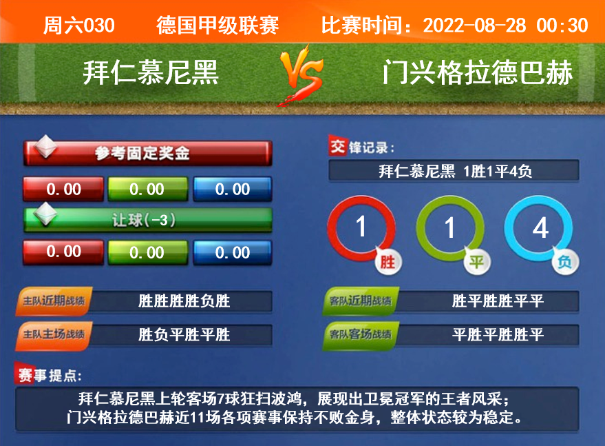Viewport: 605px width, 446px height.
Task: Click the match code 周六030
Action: click(x=78, y=26)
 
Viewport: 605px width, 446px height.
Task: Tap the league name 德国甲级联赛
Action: click(x=217, y=26)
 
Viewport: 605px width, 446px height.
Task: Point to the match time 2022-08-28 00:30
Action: click(x=505, y=26)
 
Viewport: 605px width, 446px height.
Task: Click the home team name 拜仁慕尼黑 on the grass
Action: click(x=151, y=72)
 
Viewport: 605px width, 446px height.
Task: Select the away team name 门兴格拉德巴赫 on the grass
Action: click(x=477, y=72)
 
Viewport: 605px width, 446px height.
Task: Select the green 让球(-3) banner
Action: click(x=148, y=220)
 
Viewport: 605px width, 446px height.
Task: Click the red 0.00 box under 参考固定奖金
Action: click(x=63, y=189)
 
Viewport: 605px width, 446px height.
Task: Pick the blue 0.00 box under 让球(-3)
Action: click(x=233, y=252)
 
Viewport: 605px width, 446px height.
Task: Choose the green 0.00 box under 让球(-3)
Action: click(x=148, y=252)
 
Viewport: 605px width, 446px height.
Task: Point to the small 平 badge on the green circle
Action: click(x=477, y=262)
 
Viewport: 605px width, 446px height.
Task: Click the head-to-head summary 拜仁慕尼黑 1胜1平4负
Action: click(x=455, y=171)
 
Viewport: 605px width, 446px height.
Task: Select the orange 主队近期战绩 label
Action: click(x=54, y=301)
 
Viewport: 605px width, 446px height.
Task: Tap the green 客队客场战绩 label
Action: click(x=361, y=335)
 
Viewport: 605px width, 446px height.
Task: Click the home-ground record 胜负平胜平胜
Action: click(x=184, y=335)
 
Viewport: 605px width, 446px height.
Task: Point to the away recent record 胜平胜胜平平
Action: click(x=498, y=301)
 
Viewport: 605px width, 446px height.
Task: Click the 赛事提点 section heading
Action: click(x=49, y=374)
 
